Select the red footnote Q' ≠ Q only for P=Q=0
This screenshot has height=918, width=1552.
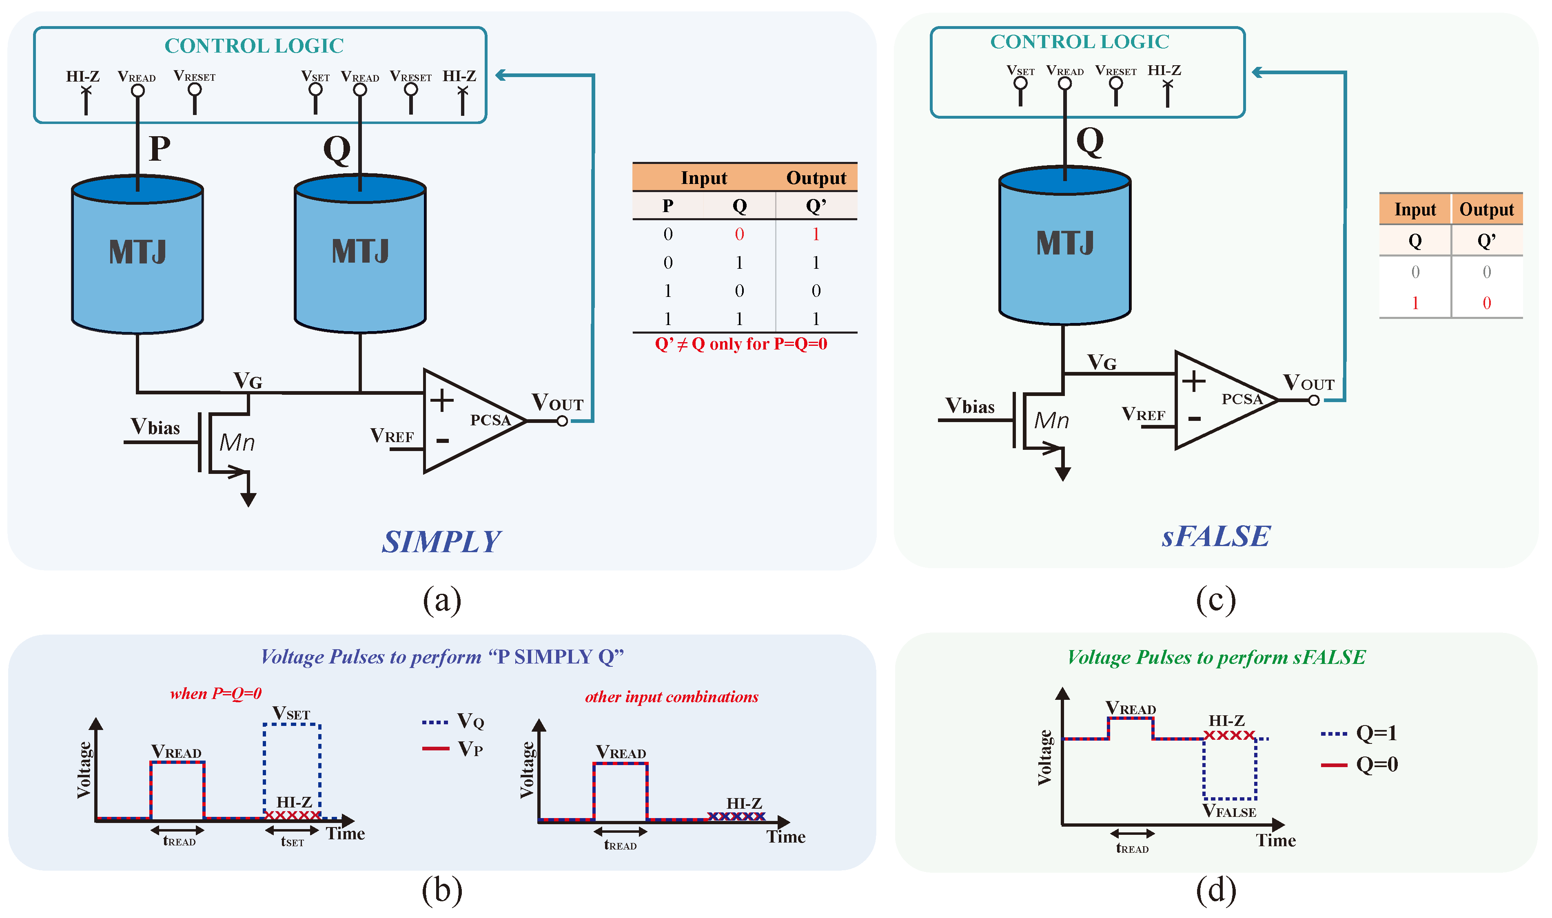click(x=741, y=344)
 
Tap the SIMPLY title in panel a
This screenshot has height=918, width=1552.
click(x=441, y=542)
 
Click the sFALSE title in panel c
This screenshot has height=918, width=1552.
click(x=1215, y=536)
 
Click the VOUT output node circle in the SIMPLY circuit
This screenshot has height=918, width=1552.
click(x=562, y=421)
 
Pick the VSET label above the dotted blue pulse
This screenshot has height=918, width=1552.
click(x=291, y=713)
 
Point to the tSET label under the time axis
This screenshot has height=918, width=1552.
click(x=292, y=841)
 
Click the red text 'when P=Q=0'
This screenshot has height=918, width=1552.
click(x=216, y=693)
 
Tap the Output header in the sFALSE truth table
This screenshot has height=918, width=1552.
click(x=1486, y=210)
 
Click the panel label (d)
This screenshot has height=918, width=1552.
click(x=1215, y=890)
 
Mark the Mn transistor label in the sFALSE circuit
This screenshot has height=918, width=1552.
click(x=1051, y=420)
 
